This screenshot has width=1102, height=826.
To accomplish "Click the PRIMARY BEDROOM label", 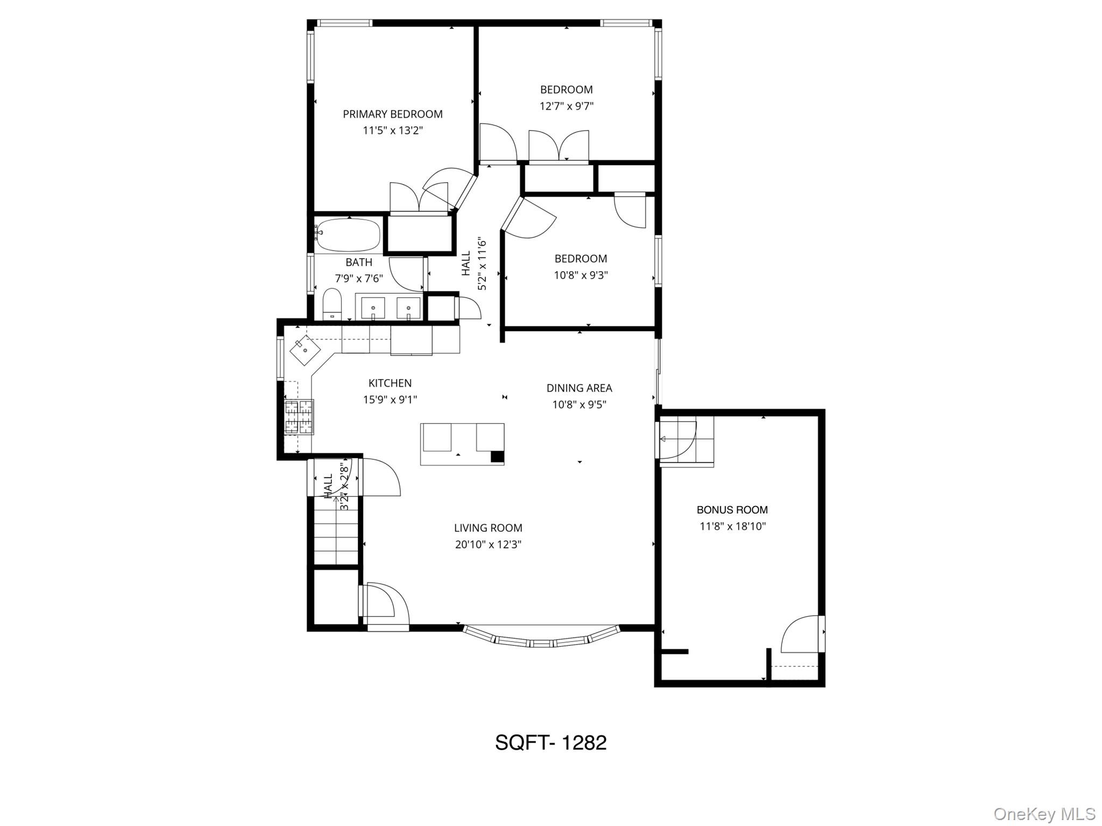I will coord(392,114).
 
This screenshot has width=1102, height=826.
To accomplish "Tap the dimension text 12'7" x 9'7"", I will coord(566,106).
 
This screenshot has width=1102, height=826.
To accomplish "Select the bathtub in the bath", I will coord(348,234).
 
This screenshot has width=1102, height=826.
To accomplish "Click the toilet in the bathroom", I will coord(332,304).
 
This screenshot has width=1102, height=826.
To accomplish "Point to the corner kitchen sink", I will coord(305,351).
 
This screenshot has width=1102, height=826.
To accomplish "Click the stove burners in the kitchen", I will coord(299,417).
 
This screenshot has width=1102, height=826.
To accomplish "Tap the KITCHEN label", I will coord(390,383).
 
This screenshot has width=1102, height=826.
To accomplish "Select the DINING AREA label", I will coord(579,388).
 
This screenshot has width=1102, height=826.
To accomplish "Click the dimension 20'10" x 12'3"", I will coord(488,544).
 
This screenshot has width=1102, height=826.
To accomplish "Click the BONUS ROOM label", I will coord(732,510).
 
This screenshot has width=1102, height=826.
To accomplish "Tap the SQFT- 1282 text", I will coord(550,743).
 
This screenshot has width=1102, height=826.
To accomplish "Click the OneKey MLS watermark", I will coord(1044,814).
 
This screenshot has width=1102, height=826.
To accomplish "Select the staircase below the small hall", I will coord(336,531).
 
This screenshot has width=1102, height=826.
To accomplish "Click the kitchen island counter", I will coord(462,444).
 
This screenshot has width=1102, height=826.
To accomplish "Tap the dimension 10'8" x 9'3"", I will coord(581,275).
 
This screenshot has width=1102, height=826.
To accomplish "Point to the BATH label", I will coord(358,262).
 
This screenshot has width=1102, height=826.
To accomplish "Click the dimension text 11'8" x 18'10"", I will coord(732,526).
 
